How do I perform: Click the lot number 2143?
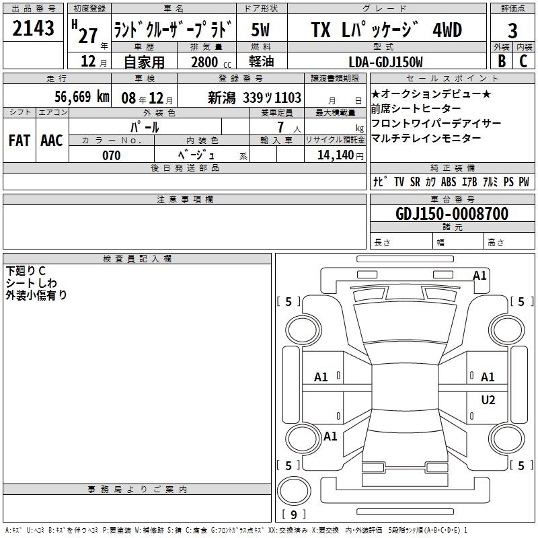click(x=33, y=28)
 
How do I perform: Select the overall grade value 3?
click(x=512, y=30)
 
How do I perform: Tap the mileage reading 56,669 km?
click(x=82, y=97)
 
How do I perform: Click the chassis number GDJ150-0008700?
click(x=452, y=214)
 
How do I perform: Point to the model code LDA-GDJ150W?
click(x=385, y=62)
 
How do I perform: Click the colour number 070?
click(x=112, y=155)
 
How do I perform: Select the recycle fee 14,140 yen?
click(x=340, y=155)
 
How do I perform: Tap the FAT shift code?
click(x=20, y=141)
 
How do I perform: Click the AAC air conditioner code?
click(x=52, y=141)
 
